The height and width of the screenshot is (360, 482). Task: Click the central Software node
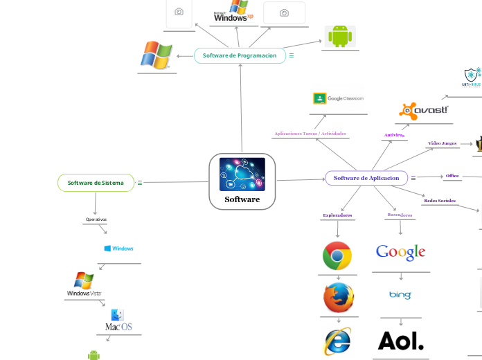[242, 181]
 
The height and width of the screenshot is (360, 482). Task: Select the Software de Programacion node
[240, 55]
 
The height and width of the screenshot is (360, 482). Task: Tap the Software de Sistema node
[96, 183]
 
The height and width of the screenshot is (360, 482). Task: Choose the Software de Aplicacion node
[366, 178]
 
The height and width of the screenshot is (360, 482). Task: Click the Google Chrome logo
[337, 256]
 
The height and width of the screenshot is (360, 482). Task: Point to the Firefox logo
[338, 298]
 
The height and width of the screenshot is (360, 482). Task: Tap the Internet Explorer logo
[337, 341]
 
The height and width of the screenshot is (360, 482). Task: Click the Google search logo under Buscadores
[400, 252]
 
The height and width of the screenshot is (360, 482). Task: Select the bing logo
[400, 296]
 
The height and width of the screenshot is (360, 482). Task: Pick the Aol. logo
[400, 341]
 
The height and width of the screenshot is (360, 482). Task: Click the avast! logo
[424, 110]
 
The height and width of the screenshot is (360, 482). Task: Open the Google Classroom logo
[338, 98]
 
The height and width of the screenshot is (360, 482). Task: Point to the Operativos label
[96, 219]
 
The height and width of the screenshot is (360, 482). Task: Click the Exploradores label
[337, 215]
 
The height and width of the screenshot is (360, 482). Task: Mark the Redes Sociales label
[440, 201]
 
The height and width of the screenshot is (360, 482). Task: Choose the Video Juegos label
[442, 143]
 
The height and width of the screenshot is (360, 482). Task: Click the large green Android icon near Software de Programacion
[339, 36]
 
